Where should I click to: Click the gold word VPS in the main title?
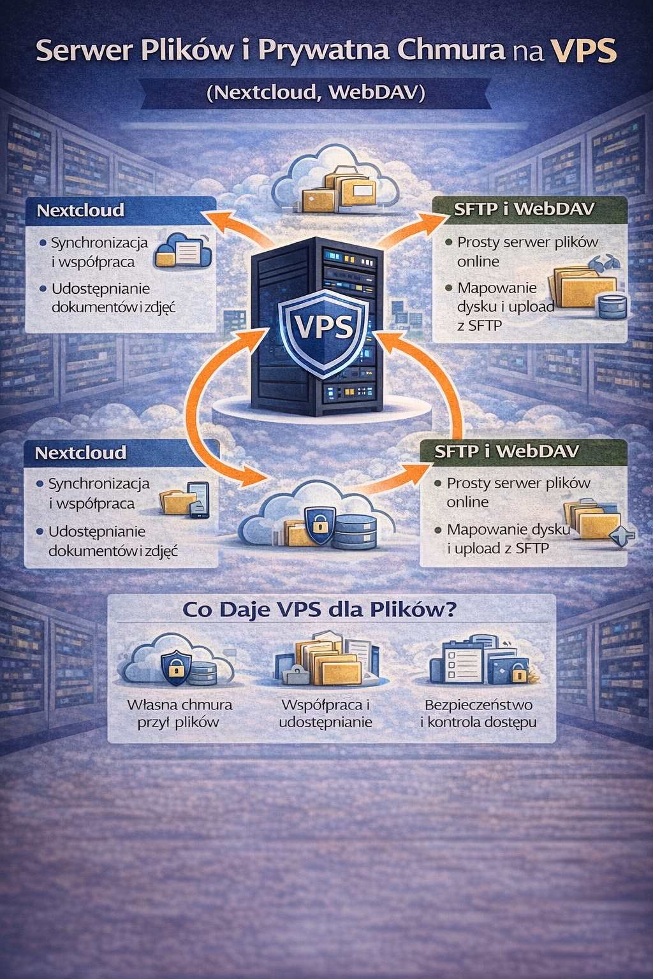[583, 52]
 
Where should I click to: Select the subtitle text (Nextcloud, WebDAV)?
[316, 93]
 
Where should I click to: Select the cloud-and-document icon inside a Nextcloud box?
[183, 250]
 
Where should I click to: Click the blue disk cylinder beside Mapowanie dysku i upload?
[610, 306]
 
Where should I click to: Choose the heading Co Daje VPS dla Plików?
[319, 610]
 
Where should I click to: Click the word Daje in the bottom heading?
[245, 610]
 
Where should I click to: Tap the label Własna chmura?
[180, 705]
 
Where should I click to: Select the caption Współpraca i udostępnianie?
[325, 714]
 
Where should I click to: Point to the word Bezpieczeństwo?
[478, 705]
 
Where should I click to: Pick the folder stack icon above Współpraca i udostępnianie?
[326, 660]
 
